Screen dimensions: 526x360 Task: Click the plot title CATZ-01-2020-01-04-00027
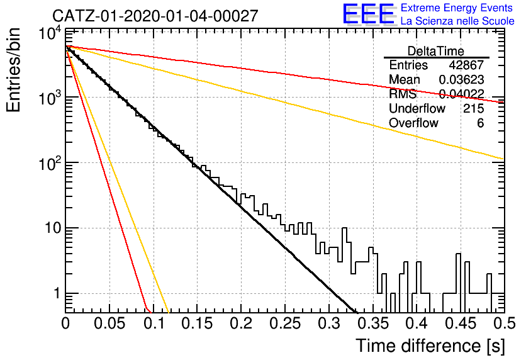[155, 16]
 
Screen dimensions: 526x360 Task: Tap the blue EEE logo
[368, 14]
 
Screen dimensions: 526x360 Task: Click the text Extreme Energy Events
[457, 8]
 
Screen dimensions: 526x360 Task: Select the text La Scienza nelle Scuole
[457, 21]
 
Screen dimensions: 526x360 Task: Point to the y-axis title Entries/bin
[13, 70]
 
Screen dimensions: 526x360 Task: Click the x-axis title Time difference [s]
[430, 346]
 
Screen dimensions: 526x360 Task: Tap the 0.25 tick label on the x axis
[285, 323]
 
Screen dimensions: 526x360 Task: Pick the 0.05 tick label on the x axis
[109, 323]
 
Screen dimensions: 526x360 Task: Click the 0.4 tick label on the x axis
[417, 323]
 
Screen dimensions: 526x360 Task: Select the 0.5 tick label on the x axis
[504, 323]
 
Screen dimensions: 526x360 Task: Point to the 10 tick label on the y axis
[53, 228]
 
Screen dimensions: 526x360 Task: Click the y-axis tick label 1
[57, 293]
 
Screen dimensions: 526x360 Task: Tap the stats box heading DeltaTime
[435, 51]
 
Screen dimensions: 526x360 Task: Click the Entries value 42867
[466, 65]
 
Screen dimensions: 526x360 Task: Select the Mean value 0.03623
[461, 79]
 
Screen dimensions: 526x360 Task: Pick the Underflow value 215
[474, 108]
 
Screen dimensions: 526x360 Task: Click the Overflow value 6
[480, 123]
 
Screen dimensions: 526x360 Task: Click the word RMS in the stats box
[403, 94]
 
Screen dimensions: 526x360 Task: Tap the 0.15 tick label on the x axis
[197, 323]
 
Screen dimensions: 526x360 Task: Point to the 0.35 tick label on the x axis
[372, 323]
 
